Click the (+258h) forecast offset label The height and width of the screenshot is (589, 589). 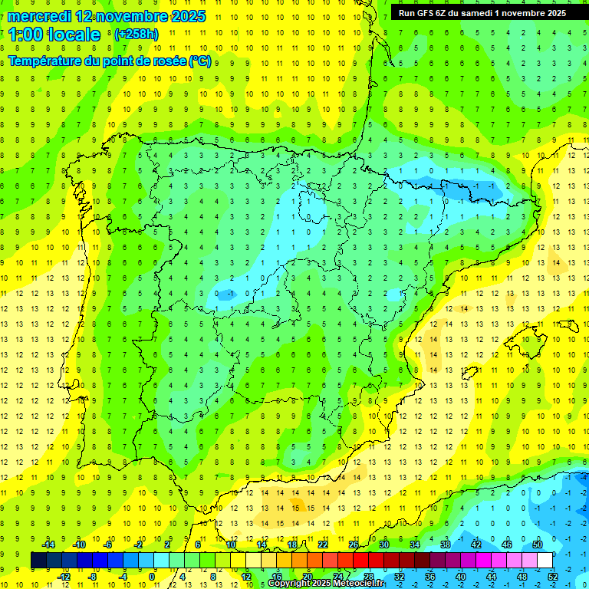click(136, 35)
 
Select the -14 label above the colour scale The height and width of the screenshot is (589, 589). click(48, 545)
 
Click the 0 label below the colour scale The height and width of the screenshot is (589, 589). click(152, 576)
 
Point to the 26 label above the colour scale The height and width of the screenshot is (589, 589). click(354, 545)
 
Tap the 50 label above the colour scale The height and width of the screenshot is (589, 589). click(538, 545)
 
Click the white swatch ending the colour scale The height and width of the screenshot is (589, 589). click(545, 560)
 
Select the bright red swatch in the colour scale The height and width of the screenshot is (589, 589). click(361, 560)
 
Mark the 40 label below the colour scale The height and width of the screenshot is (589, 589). click(461, 576)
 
